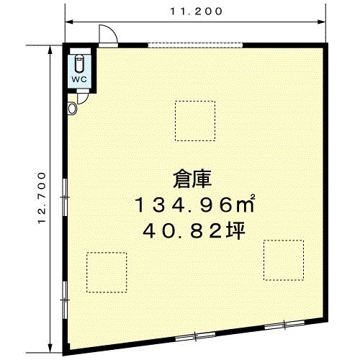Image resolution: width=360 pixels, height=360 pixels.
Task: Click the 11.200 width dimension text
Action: (197, 12)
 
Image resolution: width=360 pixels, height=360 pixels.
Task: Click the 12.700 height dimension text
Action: (42, 198)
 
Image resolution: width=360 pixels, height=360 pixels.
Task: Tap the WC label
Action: (79, 79)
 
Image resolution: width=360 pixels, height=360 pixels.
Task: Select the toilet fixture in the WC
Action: (79, 63)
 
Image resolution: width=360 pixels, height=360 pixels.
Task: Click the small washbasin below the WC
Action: (72, 109)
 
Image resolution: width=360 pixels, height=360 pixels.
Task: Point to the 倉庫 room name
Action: (192, 179)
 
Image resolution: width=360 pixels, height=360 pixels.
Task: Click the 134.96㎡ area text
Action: (194, 204)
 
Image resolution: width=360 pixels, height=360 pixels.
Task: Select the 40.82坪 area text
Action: (194, 230)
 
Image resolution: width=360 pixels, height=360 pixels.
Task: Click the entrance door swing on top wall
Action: (108, 34)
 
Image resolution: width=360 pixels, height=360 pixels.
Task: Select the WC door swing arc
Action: (83, 99)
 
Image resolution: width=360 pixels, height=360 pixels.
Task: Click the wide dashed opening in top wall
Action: (195, 45)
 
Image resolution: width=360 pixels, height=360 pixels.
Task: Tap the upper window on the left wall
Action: (65, 197)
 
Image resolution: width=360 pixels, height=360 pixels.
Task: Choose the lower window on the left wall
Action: (65, 300)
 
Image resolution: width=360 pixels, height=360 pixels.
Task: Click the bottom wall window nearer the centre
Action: (195, 336)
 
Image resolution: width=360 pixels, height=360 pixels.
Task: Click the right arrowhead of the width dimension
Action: (322, 22)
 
